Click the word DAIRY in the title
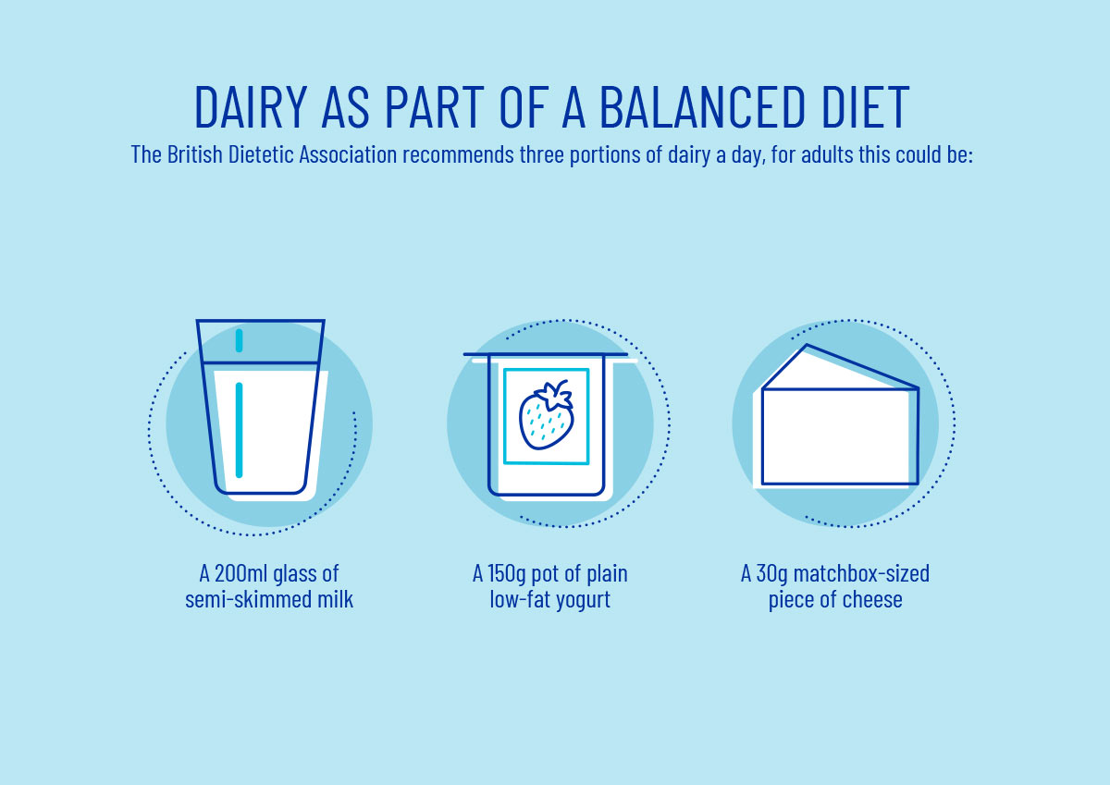251,107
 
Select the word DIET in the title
866,107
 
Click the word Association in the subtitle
348,154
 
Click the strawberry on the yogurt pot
546,415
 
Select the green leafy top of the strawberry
555,394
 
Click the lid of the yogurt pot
546,354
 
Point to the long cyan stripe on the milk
239,430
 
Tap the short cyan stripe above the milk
239,340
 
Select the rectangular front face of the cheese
840,436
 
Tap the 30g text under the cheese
771,574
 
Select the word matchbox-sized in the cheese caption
861,574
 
